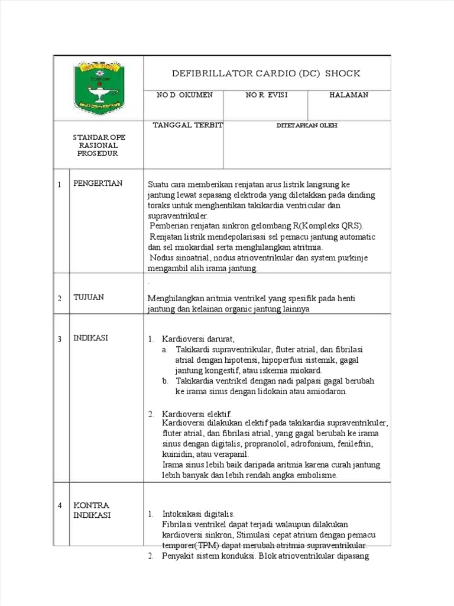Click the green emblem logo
click(x=99, y=88)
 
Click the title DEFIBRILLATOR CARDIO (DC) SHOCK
click(x=265, y=73)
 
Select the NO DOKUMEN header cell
click(x=184, y=95)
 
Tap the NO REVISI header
click(x=267, y=95)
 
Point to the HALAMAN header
click(x=349, y=95)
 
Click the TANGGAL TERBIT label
click(x=187, y=125)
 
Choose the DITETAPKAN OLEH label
click(x=307, y=126)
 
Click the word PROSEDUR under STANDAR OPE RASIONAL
click(x=98, y=153)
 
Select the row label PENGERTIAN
click(x=98, y=183)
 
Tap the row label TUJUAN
click(x=89, y=298)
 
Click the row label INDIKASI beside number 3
click(x=90, y=338)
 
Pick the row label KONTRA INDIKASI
click(x=92, y=510)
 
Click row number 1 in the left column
click(x=60, y=185)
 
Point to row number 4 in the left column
click(x=60, y=506)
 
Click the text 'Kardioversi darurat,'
click(x=199, y=339)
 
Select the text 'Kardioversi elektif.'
click(x=197, y=414)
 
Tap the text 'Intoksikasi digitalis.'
click(x=198, y=514)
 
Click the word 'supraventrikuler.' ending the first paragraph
click(x=174, y=216)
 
